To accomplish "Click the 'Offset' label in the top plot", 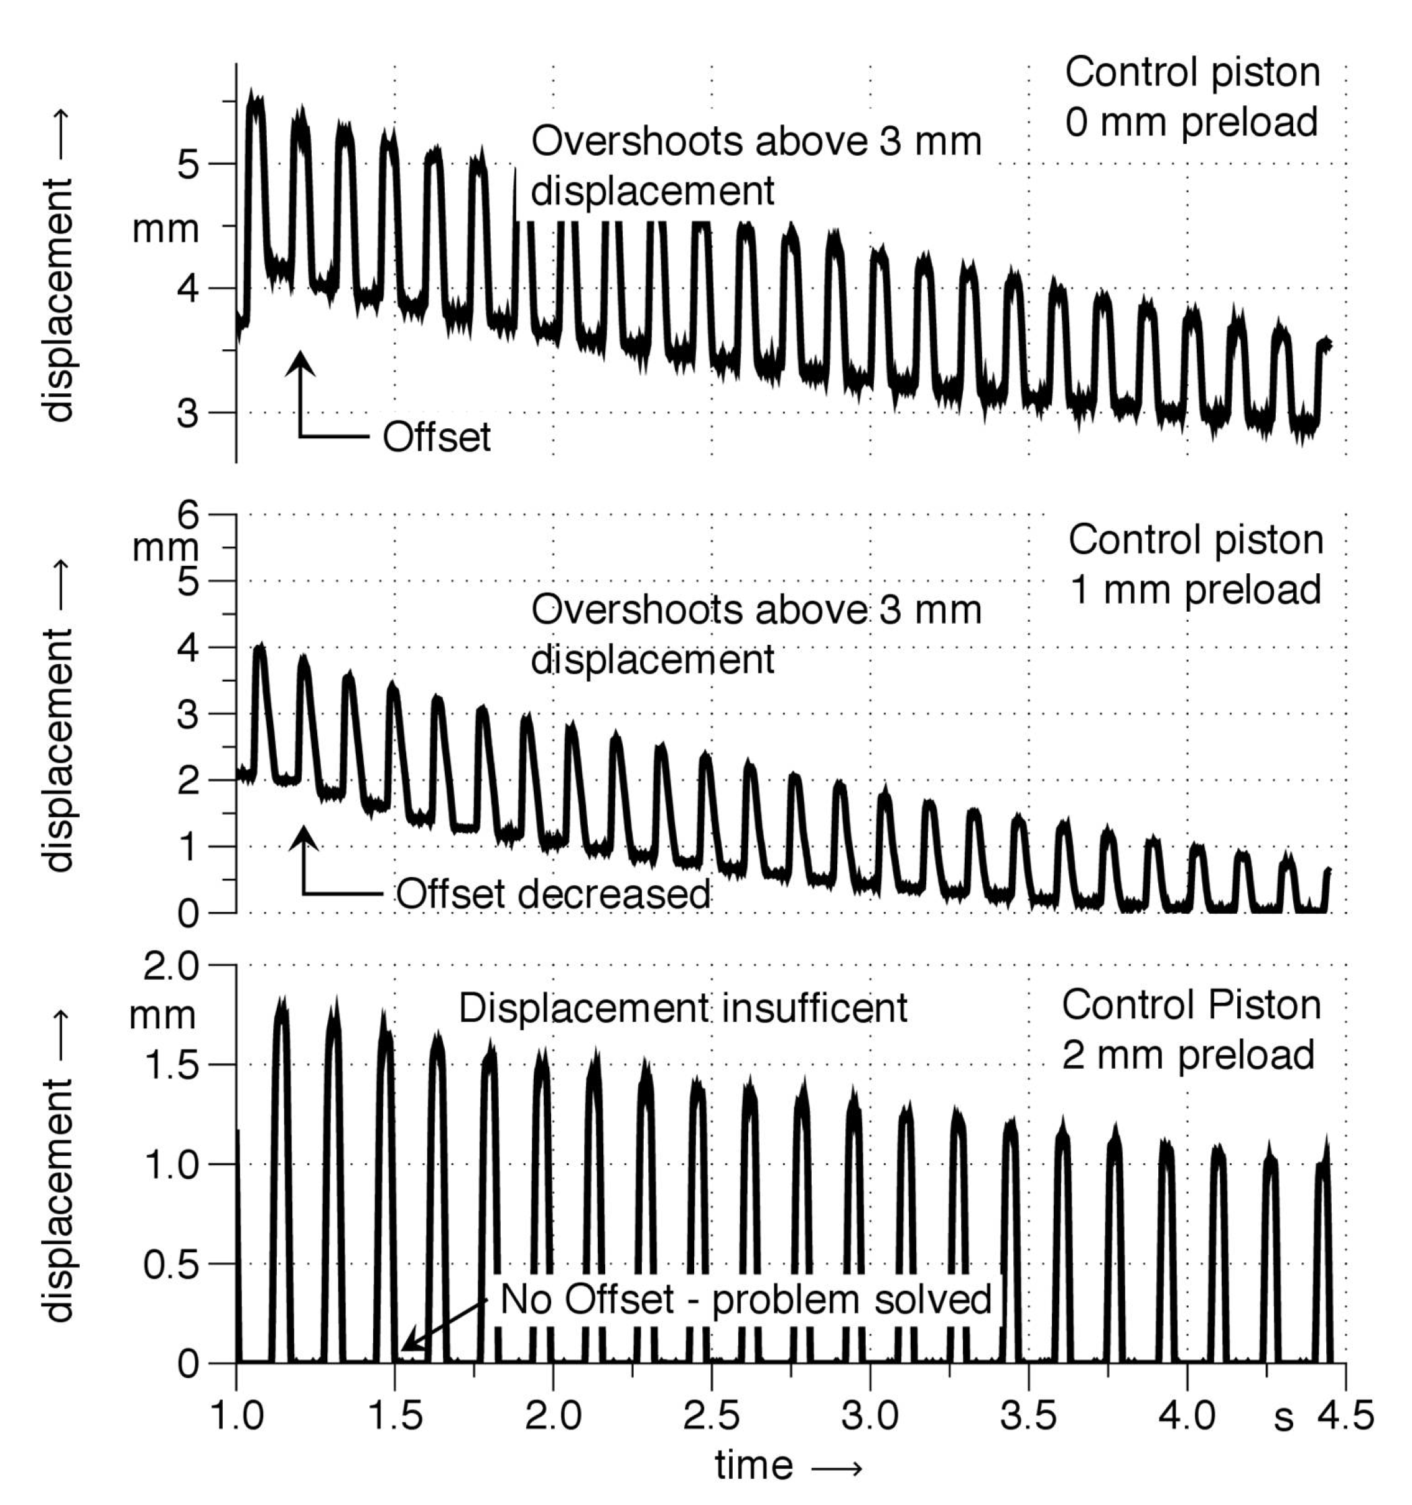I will (436, 438).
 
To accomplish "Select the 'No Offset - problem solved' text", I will (745, 1300).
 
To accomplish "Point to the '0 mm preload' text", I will (1191, 123).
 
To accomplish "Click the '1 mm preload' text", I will (1195, 589).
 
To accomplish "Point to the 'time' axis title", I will (754, 1466).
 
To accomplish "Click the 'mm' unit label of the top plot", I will (165, 228).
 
